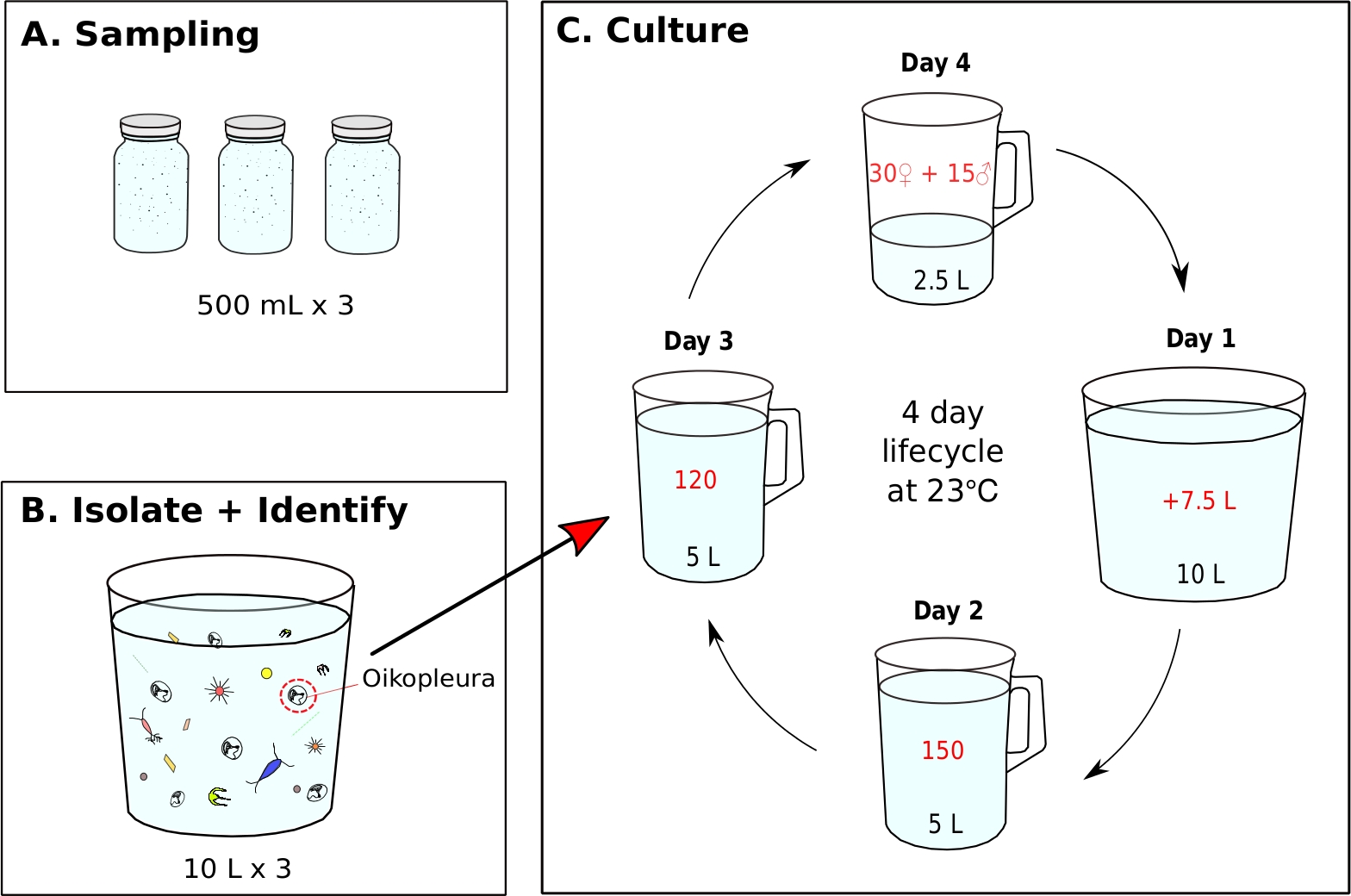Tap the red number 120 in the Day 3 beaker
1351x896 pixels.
(x=695, y=480)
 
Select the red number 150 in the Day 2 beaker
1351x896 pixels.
(x=943, y=750)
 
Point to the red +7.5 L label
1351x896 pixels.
(x=1199, y=501)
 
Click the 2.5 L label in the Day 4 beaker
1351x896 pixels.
(x=941, y=280)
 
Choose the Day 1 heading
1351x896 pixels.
(x=1201, y=339)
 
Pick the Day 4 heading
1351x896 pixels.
(x=936, y=63)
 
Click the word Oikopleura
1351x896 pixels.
(x=428, y=679)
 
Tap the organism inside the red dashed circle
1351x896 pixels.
(x=297, y=696)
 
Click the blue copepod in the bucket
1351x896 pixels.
(x=270, y=768)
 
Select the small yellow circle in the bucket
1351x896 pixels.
(x=266, y=674)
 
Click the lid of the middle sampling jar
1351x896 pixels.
(x=255, y=128)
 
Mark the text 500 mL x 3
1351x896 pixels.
(x=276, y=306)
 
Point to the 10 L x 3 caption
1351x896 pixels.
(x=238, y=869)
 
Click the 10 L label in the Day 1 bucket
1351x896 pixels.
(x=1201, y=575)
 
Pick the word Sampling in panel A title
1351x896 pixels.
(x=167, y=35)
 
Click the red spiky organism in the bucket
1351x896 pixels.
(x=220, y=691)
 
